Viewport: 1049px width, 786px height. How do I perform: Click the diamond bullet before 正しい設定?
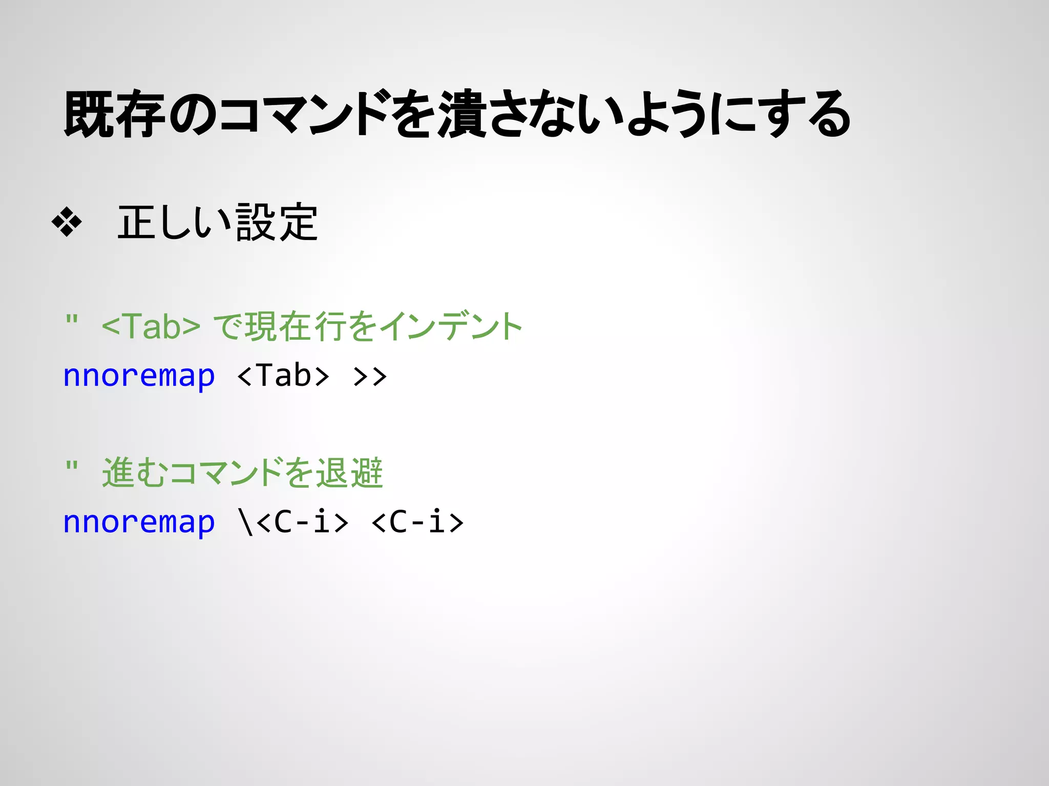[67, 222]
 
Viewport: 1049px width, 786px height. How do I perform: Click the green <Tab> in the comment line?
[151, 326]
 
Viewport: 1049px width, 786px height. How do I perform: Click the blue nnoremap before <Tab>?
[139, 376]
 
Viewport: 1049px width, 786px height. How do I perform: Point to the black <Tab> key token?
[283, 376]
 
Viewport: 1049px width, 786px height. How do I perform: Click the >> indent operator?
[370, 376]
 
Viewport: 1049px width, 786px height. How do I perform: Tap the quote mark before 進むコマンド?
[72, 466]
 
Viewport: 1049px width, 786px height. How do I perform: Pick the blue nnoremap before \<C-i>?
[139, 522]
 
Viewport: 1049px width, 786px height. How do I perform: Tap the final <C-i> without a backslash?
[417, 522]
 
